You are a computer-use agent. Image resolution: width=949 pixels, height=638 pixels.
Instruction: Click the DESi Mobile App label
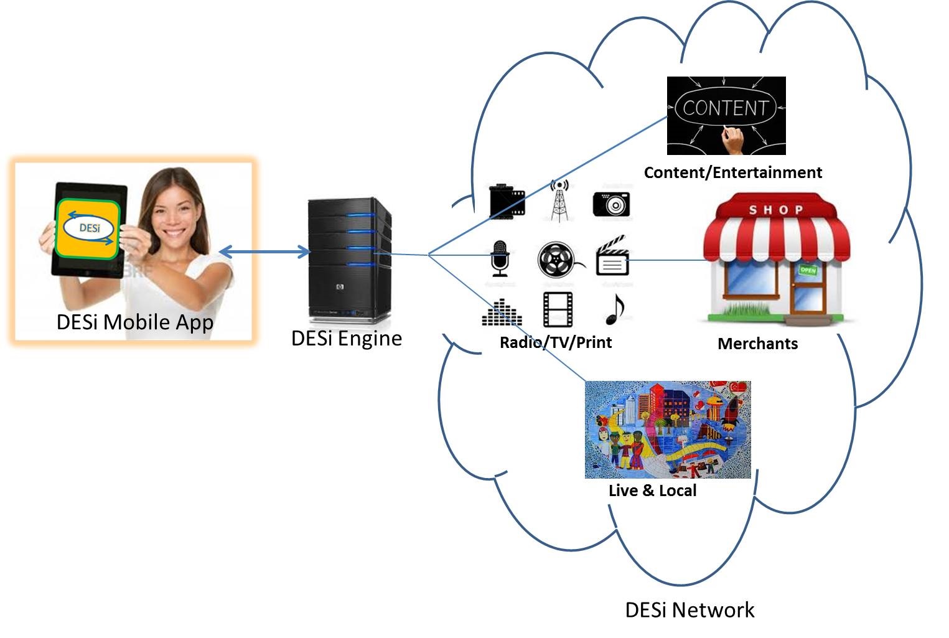click(x=134, y=322)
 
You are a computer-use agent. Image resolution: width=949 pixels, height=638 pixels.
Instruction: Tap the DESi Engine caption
click(x=346, y=338)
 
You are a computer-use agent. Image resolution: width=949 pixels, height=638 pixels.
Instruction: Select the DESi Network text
click(x=690, y=609)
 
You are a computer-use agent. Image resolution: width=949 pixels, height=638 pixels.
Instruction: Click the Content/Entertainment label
click(x=732, y=172)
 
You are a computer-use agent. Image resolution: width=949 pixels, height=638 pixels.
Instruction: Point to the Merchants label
click(x=757, y=344)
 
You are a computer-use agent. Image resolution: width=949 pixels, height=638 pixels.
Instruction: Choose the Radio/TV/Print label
click(x=556, y=342)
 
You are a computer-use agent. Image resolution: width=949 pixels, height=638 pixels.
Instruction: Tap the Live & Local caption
click(x=652, y=490)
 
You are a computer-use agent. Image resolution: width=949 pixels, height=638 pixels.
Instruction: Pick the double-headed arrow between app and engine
click(x=264, y=251)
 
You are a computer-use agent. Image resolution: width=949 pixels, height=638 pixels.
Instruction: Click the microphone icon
click(x=499, y=258)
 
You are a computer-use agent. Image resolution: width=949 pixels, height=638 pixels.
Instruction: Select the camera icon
click(x=611, y=204)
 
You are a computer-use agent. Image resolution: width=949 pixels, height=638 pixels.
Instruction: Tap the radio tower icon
click(x=559, y=200)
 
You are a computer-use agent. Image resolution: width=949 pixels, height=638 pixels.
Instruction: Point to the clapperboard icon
click(x=612, y=256)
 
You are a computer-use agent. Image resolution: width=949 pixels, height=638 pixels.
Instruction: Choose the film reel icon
click(x=556, y=260)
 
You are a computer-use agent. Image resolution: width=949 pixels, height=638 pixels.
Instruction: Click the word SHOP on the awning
click(x=775, y=210)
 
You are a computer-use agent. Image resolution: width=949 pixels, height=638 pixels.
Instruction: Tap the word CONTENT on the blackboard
click(x=725, y=108)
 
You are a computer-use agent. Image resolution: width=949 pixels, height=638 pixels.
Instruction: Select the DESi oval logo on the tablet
click(x=90, y=228)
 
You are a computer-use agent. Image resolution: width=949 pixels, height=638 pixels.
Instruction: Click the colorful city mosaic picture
click(x=668, y=429)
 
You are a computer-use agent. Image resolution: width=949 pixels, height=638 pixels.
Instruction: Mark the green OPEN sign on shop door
click(x=807, y=270)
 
